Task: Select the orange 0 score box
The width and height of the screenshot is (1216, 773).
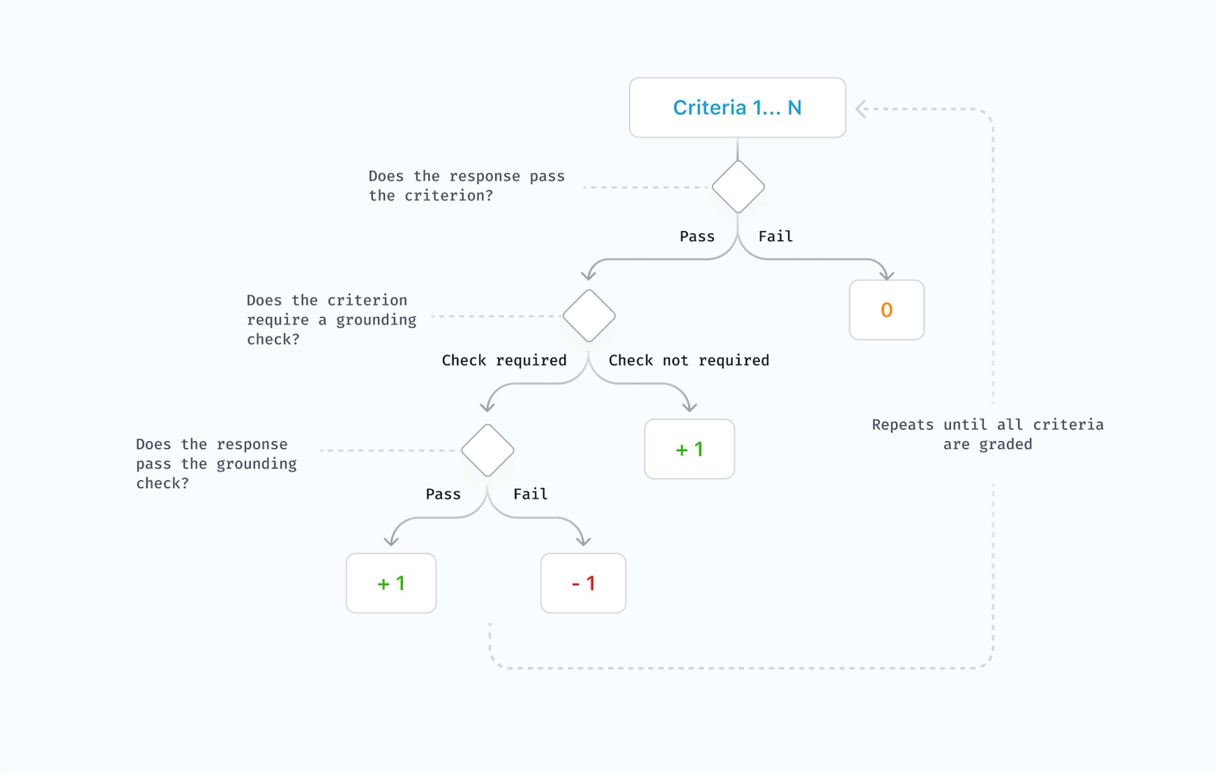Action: coord(886,310)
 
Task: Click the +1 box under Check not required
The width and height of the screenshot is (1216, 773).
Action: coord(689,449)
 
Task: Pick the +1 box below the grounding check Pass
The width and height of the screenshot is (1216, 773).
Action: coord(391,583)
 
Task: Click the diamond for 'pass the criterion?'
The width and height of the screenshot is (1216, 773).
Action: coord(738,187)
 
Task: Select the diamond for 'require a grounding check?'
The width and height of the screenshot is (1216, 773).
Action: coord(589,316)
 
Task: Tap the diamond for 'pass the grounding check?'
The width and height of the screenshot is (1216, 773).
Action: coord(487,450)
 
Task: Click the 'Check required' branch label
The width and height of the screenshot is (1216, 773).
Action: coord(504,360)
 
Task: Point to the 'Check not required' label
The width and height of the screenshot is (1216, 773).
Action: coord(689,360)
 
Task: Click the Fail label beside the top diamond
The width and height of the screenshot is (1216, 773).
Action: coord(776,236)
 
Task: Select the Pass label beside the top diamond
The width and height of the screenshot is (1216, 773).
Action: coord(697,236)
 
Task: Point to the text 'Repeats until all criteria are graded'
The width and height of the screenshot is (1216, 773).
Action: coord(987,434)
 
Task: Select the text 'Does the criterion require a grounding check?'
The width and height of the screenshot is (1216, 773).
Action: coord(331,319)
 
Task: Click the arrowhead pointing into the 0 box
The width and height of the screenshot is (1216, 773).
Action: coord(886,275)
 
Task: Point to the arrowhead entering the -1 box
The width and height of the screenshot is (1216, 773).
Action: coord(583,542)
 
